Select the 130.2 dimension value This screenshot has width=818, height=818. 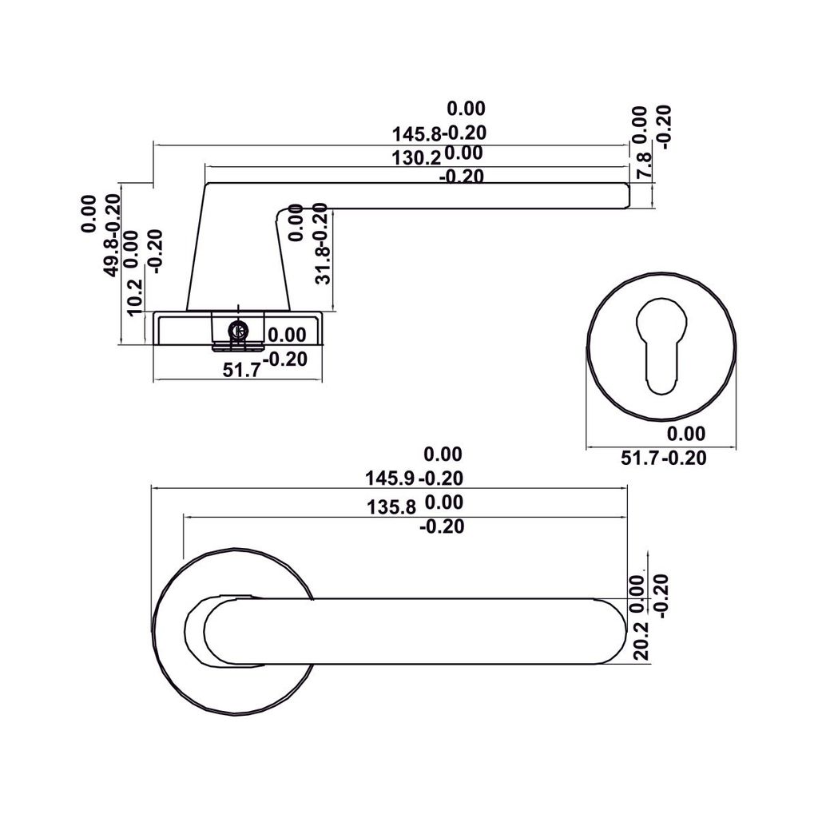[x=416, y=157]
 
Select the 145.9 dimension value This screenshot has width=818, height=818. [x=391, y=478]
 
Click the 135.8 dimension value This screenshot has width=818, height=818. [x=391, y=506]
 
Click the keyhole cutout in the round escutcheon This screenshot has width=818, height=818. [x=661, y=344]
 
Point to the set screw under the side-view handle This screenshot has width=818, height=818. [x=236, y=330]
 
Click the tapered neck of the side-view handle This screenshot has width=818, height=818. [x=237, y=256]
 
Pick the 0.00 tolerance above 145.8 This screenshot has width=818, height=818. [x=466, y=109]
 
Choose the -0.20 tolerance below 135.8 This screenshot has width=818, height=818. [x=442, y=527]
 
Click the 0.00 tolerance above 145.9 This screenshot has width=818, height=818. [x=443, y=455]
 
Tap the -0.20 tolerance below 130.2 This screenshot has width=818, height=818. [x=462, y=177]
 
